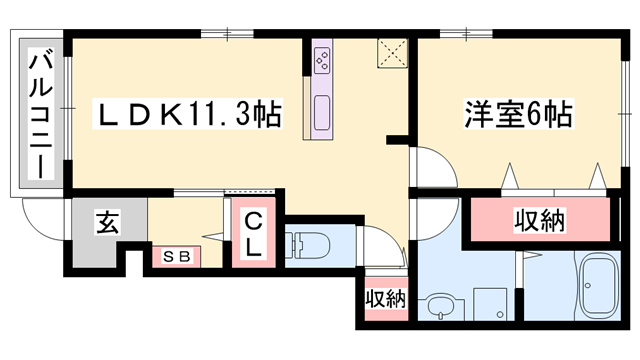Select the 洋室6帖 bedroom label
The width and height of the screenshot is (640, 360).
click(x=517, y=114)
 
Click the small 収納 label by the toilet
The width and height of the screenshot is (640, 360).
click(x=385, y=297)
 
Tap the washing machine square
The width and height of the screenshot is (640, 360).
click(x=490, y=303)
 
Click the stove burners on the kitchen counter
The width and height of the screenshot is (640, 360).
click(x=323, y=59)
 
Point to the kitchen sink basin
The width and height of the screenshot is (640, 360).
click(x=323, y=112)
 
